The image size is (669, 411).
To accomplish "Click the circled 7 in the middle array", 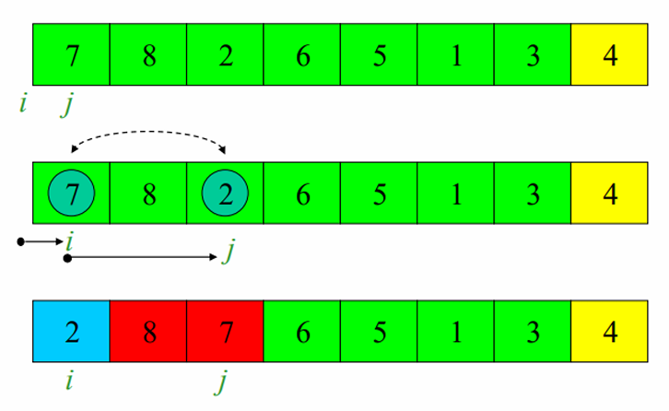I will (71, 194).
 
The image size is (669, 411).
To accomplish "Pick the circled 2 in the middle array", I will (225, 194).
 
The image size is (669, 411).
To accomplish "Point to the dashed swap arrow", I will (148, 135).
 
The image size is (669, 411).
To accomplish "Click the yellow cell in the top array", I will (609, 55).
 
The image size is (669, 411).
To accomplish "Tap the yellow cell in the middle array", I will (609, 194).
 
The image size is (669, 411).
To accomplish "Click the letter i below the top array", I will (22, 102).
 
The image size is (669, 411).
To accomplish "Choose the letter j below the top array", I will (67, 103).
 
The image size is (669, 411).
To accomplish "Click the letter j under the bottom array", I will (222, 379).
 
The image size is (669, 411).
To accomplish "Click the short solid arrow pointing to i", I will (39, 241).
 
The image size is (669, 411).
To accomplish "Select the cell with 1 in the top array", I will (455, 55).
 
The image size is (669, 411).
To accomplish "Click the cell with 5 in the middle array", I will (379, 194).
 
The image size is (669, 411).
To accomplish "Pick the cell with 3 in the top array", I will (533, 55).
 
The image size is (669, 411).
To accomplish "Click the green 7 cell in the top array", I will (71, 55).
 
